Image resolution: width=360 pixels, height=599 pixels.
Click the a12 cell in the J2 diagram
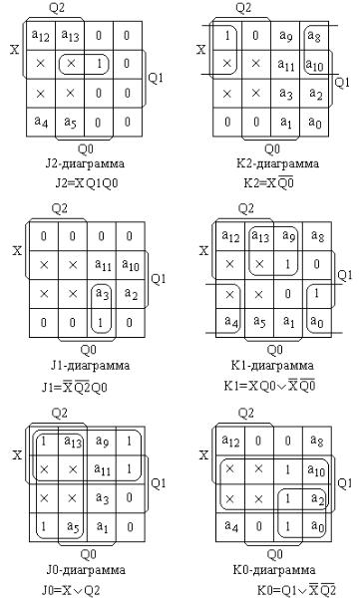coord(41,36)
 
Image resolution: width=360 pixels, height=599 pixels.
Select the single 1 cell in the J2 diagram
coord(99,64)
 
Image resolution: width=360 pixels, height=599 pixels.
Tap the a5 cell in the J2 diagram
coord(70,123)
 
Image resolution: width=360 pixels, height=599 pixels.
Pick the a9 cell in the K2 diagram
coord(285,36)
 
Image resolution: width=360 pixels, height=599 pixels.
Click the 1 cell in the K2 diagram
coord(227,36)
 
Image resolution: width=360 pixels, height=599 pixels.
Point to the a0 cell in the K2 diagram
coord(315,123)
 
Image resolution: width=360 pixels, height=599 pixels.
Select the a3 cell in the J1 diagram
coord(102,294)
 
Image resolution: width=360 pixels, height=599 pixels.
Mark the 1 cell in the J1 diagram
coord(102,323)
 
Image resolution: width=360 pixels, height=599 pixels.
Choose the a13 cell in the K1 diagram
coord(259,236)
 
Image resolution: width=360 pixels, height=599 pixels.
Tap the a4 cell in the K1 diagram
coord(230,323)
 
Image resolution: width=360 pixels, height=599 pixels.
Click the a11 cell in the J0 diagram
coord(102,469)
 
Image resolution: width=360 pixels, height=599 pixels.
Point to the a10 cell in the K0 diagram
coord(317,469)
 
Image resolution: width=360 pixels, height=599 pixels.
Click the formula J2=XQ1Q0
coord(87,183)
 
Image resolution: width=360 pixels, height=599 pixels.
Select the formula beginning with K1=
coord(270,386)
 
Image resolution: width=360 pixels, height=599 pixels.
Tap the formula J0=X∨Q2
coord(71,591)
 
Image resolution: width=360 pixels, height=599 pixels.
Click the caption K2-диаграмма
coord(277,163)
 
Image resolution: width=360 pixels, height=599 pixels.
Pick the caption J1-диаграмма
coord(90,366)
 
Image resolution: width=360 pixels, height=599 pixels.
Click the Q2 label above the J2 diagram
coord(57,8)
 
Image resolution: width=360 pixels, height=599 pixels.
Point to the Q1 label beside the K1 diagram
coord(345,275)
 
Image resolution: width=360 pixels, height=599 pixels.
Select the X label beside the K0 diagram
coord(204,454)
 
